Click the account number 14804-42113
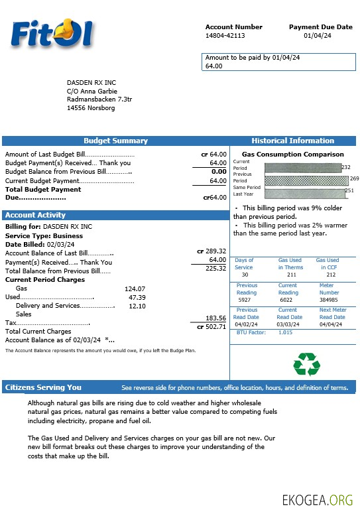point(225,36)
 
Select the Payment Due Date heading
point(320,27)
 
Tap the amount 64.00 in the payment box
point(214,66)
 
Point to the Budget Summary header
point(115,141)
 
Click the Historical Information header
point(292,141)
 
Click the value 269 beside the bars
point(354,178)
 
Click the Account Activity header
point(35,215)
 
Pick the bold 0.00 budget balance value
point(219,172)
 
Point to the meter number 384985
point(329,300)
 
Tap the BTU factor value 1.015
point(285,332)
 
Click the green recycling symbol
point(306,364)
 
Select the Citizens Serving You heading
point(43,387)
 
